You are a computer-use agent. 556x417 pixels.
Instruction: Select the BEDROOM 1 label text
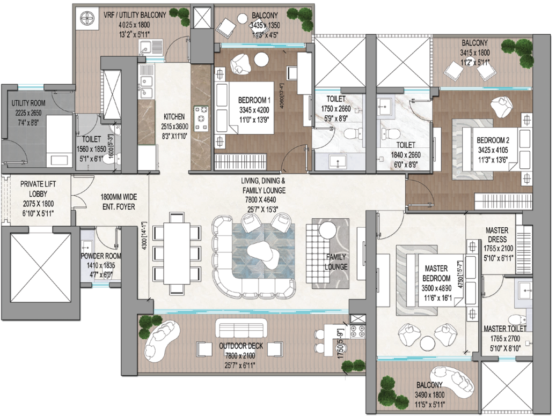254,100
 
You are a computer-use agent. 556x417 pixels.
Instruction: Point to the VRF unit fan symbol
86,20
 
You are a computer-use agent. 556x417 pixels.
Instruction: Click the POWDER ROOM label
99,256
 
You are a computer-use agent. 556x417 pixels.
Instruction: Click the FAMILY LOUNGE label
336,262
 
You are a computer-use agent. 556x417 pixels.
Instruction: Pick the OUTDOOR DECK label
240,346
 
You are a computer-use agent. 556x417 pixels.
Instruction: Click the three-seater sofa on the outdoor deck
240,328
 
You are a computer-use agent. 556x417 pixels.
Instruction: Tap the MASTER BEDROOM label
437,273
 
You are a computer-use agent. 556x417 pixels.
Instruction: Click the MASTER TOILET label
504,329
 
